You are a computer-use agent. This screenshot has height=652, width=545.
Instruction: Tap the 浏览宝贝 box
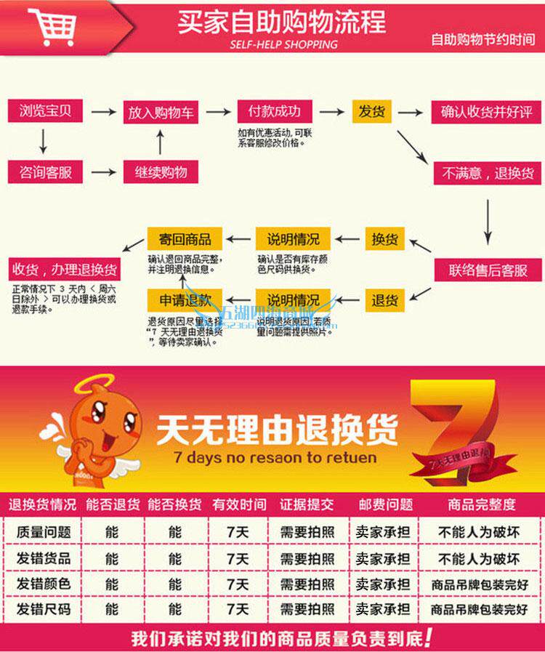(x=46, y=111)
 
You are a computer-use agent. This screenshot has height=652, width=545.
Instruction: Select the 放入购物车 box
(x=160, y=113)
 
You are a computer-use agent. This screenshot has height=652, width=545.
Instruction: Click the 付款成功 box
(x=269, y=112)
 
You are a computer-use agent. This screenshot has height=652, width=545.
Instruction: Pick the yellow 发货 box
(x=371, y=112)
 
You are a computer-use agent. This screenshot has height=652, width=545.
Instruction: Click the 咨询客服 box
(x=46, y=172)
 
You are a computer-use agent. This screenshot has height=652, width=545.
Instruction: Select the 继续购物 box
(x=160, y=172)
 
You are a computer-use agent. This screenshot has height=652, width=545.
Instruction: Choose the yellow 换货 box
(x=384, y=238)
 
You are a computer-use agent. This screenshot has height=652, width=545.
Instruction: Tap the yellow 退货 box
(x=384, y=300)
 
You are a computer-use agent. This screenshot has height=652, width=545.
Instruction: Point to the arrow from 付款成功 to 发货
(x=331, y=112)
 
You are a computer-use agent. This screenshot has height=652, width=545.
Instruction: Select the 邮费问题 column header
(x=385, y=504)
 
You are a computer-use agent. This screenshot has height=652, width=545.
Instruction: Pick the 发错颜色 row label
(x=44, y=584)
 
